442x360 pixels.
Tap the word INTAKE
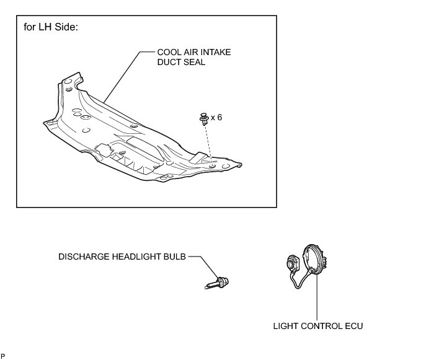[213, 53]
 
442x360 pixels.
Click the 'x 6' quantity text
[216, 117]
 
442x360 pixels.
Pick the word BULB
[174, 256]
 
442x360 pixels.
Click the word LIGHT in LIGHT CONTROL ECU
[286, 325]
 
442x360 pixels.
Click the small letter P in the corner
[3, 356]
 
